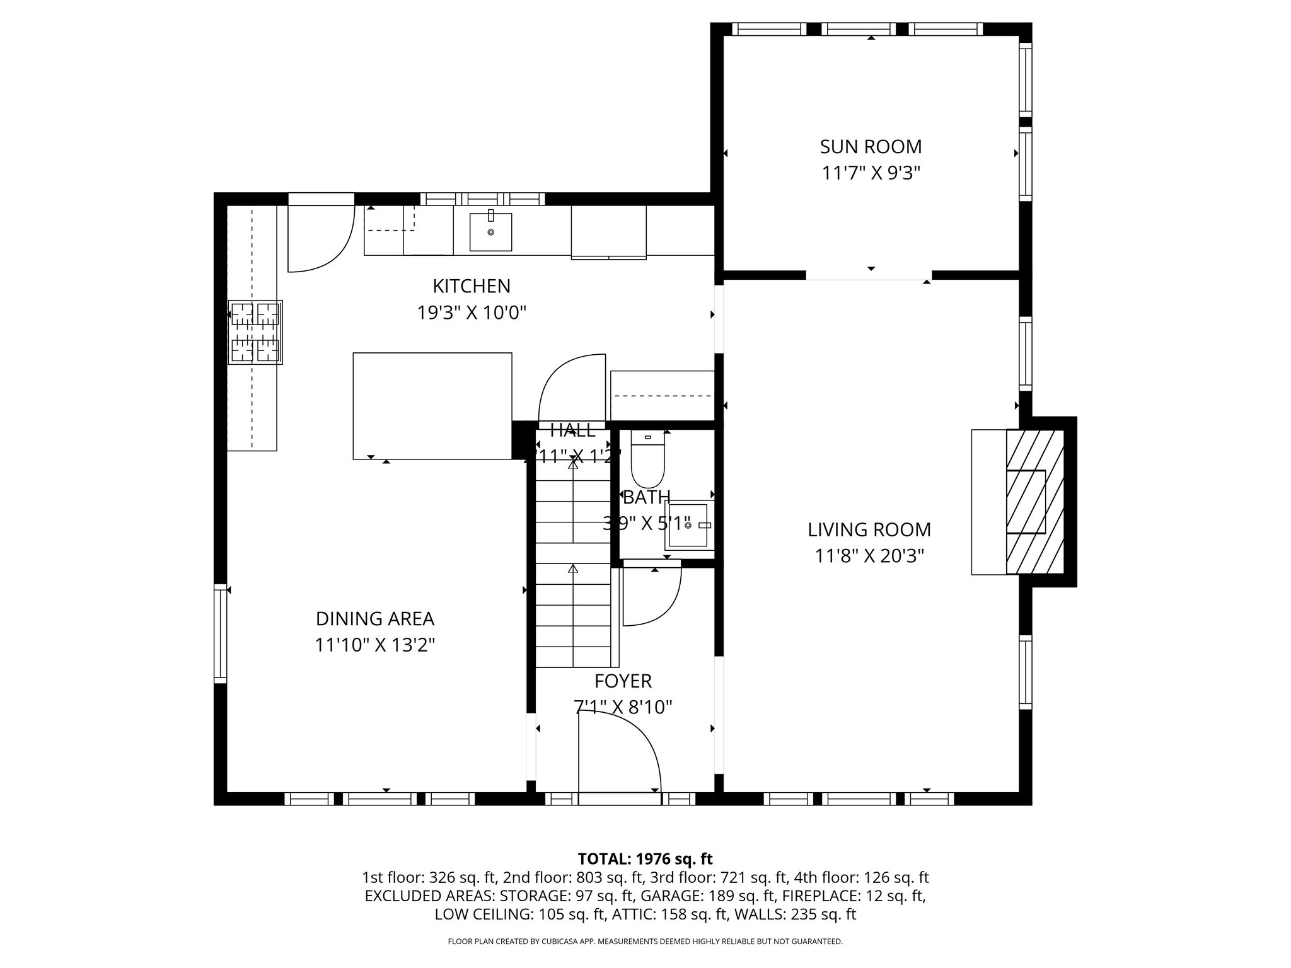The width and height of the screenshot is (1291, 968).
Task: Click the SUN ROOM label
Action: tap(871, 147)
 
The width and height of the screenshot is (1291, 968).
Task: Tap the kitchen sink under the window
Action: tap(490, 232)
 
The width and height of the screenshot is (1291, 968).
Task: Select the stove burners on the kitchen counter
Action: tap(255, 332)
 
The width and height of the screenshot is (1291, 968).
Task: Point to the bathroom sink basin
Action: tap(688, 525)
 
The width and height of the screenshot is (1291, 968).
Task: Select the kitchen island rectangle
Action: tap(432, 405)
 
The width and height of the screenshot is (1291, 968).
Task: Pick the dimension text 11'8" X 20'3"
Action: tap(869, 556)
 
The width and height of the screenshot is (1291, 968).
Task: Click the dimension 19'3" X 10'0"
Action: tap(472, 313)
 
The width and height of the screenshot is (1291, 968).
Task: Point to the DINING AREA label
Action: tap(375, 619)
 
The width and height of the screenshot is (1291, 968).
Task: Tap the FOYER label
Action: tap(623, 681)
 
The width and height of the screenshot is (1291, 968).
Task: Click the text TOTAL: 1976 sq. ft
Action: tap(645, 859)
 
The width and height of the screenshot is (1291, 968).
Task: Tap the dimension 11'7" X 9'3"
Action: tap(871, 173)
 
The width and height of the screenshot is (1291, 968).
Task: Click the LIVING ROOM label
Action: tap(869, 530)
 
